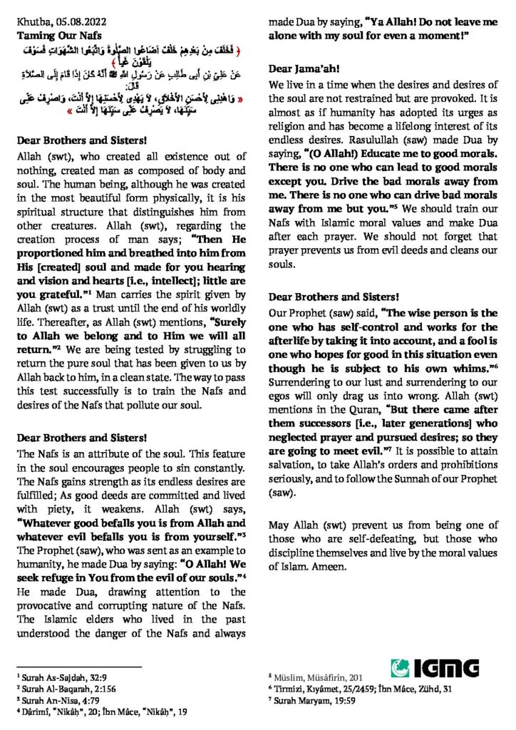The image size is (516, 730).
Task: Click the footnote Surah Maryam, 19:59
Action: tap(307, 701)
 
